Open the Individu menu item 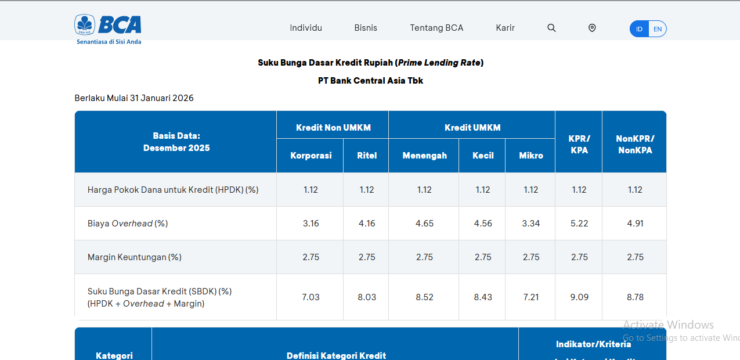pos(306,28)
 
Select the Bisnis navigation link pos(366,28)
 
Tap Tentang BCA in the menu pos(436,28)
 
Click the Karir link pos(505,28)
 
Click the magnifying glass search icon pos(551,28)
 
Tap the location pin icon pos(592,28)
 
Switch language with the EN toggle pos(657,29)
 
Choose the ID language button pos(639,29)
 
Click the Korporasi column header pos(311,155)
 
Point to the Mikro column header pos(530,155)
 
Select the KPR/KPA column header pos(579,144)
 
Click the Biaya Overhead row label pos(128,224)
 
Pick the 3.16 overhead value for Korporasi pos(311,224)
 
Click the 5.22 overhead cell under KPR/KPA pos(579,224)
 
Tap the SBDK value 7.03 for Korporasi pos(311,297)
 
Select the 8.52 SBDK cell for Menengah pos(424,297)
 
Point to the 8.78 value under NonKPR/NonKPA pos(635,297)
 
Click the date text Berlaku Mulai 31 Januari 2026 pos(134,98)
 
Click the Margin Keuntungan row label pos(134,257)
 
